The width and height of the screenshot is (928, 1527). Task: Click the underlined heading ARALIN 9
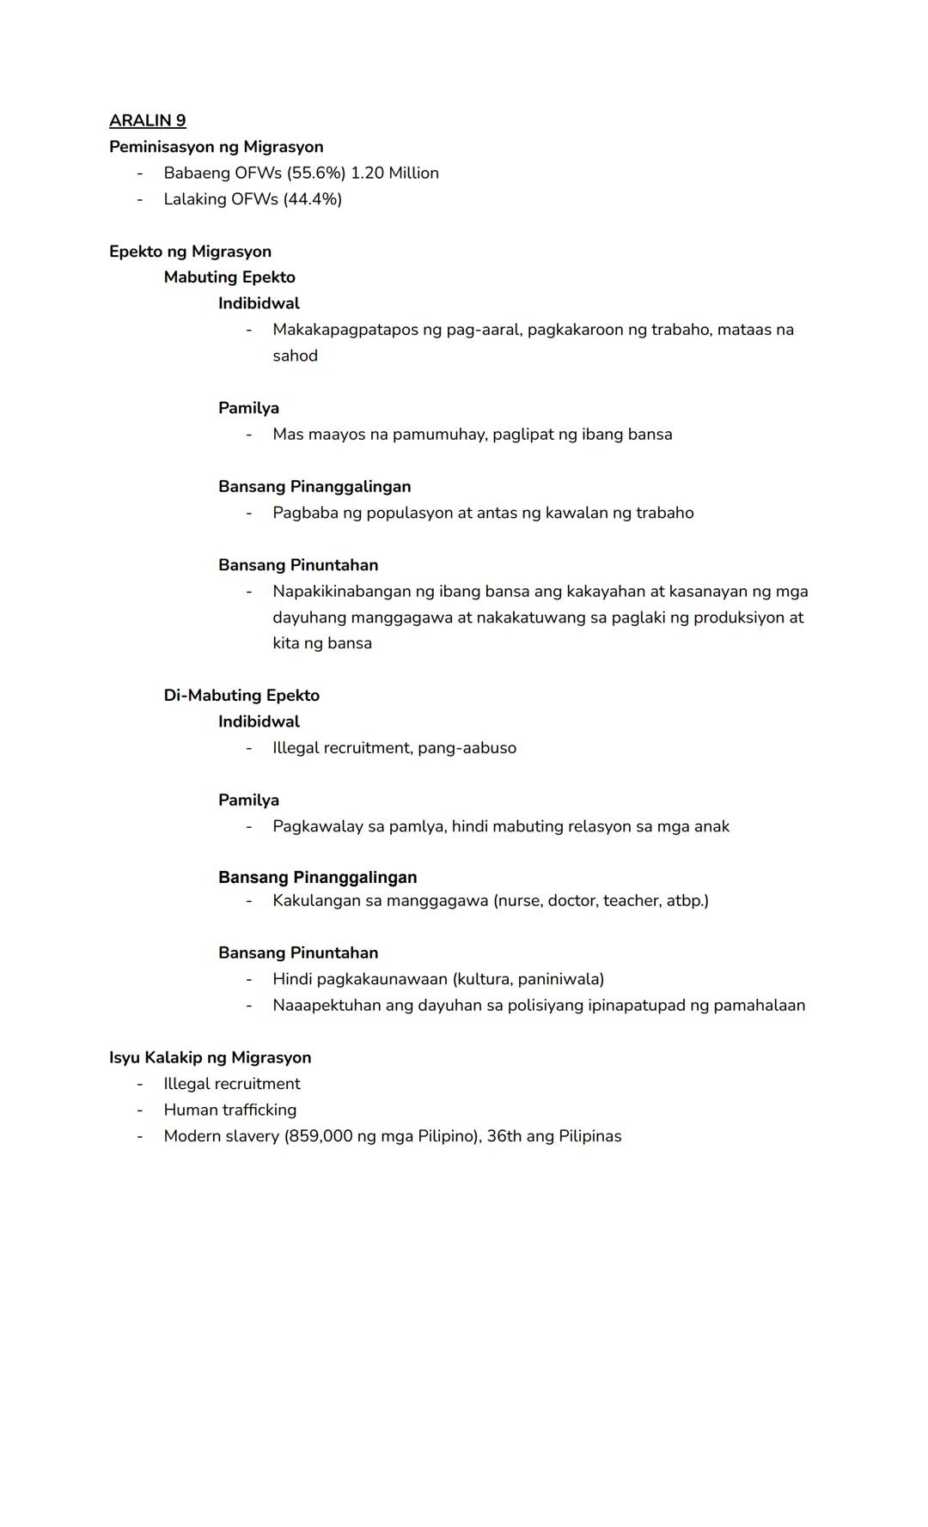point(147,120)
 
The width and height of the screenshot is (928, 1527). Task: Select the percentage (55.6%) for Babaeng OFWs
point(316,173)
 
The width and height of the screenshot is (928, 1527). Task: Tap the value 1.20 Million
point(394,173)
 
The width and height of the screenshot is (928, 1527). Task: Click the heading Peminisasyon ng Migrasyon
point(216,147)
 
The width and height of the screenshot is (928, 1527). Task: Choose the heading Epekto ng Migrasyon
point(190,252)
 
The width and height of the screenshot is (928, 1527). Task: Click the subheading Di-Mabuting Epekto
point(241,696)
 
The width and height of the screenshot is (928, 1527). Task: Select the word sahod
point(295,356)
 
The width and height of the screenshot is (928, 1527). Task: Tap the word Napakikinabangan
point(342,592)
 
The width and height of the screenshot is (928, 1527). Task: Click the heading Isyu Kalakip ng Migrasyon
point(210,1058)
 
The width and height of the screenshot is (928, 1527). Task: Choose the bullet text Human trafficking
point(229,1110)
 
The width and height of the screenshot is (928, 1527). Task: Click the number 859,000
point(321,1136)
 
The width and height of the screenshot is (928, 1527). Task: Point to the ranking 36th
point(504,1136)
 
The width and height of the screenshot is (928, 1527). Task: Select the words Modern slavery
point(221,1136)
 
